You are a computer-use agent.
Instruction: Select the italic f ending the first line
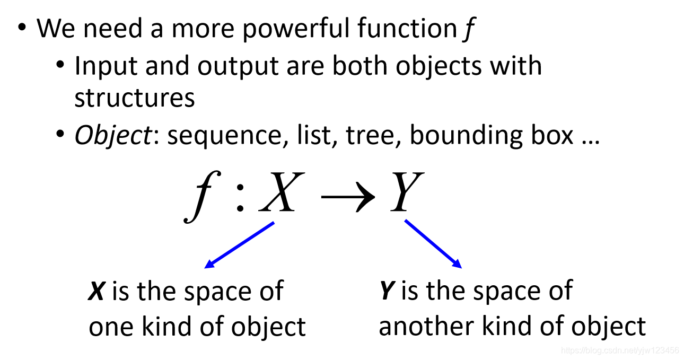pos(467,30)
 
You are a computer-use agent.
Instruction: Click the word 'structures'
pos(134,98)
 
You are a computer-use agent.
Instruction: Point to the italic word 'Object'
pos(112,136)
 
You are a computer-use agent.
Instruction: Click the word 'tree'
pos(372,136)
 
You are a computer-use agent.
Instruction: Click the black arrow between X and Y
pos(347,196)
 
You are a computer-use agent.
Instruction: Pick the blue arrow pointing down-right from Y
pos(433,244)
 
